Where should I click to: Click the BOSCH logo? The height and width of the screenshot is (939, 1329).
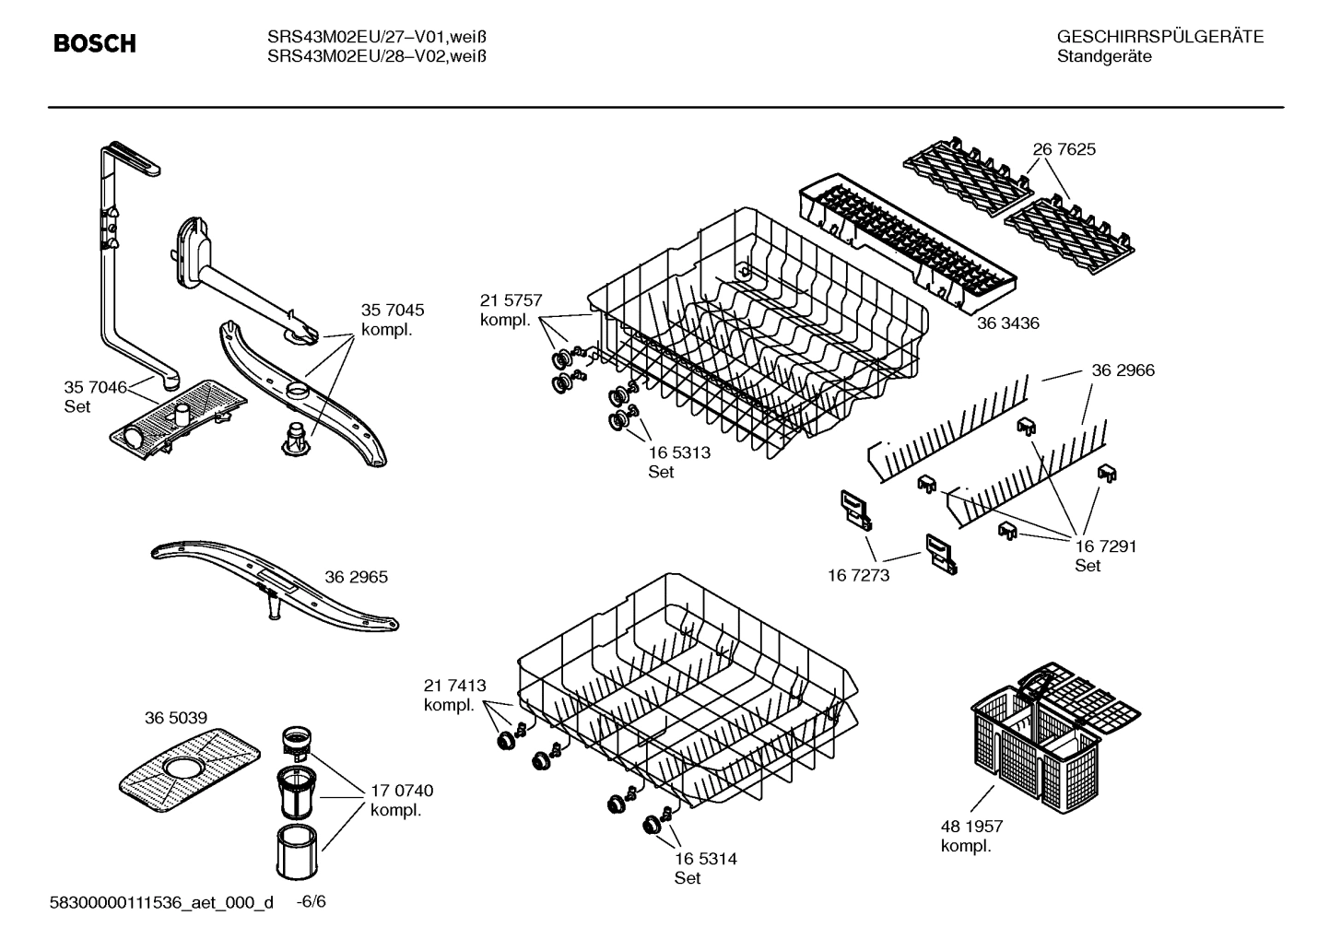click(94, 43)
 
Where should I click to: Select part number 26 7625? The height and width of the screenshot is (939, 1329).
click(1064, 149)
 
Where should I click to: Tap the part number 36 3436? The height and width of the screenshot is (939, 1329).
click(1007, 323)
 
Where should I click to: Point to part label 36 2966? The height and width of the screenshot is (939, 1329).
click(1123, 370)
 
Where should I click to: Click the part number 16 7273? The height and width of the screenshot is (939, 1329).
click(858, 575)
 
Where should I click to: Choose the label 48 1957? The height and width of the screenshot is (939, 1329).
click(971, 827)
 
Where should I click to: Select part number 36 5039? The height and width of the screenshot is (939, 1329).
click(175, 718)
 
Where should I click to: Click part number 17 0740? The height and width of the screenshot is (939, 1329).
click(401, 791)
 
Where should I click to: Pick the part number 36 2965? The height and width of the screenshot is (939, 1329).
click(356, 577)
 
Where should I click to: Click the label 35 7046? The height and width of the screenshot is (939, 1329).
click(95, 387)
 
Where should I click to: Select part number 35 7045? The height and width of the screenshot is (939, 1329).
click(393, 311)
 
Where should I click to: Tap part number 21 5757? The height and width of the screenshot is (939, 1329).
click(511, 300)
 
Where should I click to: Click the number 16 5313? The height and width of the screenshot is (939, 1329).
click(679, 452)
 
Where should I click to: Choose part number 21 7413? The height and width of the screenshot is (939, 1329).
click(454, 686)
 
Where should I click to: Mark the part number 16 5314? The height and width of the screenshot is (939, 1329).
click(705, 859)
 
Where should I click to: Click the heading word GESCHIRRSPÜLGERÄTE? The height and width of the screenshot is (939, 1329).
click(1159, 37)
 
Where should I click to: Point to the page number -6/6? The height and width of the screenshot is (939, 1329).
click(311, 901)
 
